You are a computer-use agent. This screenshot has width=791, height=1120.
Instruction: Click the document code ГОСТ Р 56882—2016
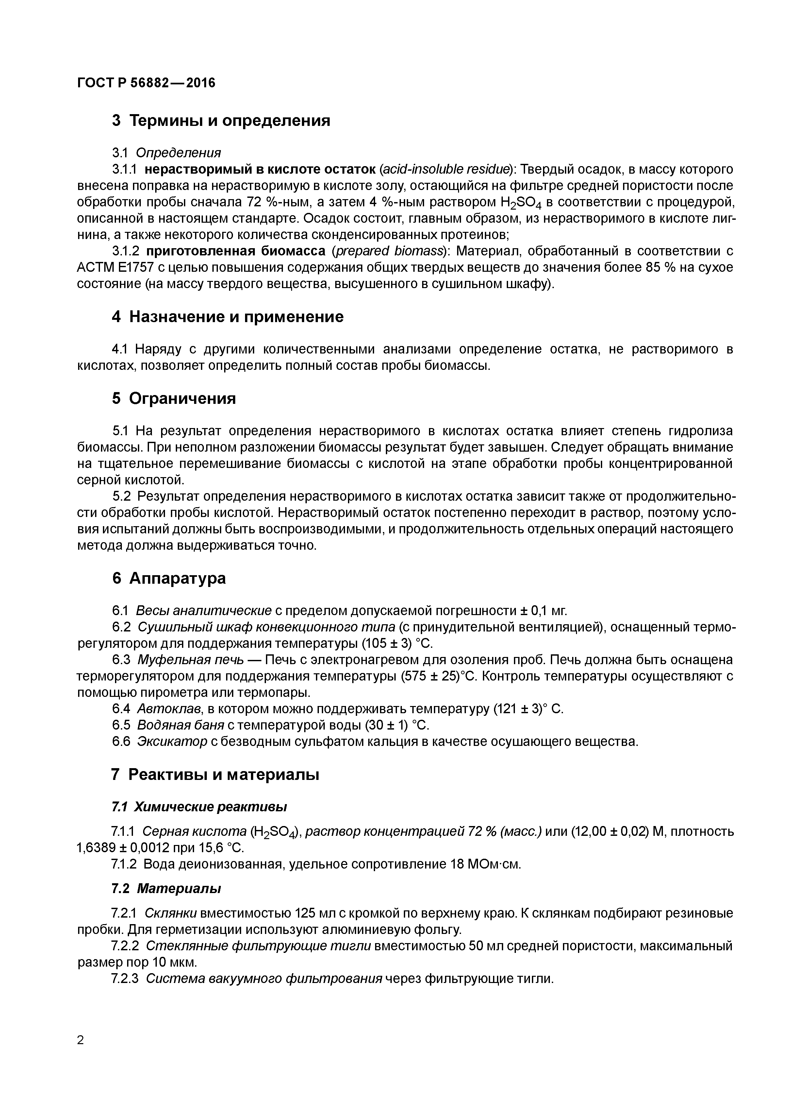[146, 83]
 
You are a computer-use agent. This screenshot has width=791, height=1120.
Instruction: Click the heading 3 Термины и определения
[221, 120]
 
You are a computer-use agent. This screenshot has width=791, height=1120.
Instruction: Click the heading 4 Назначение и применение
[227, 317]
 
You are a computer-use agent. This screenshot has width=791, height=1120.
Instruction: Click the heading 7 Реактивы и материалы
[215, 775]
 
